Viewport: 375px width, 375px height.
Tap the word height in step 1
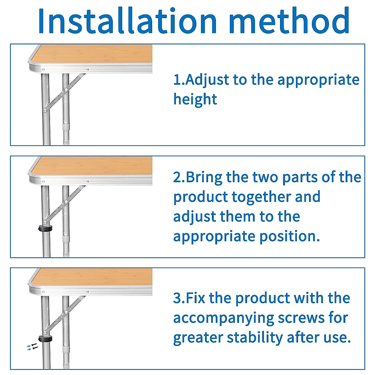pos(195,99)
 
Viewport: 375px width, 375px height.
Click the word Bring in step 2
pos(205,177)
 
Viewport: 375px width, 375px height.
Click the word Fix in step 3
pos(196,298)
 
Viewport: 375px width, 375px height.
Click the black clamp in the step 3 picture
pos(45,339)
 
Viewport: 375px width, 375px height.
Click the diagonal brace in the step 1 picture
pos(64,92)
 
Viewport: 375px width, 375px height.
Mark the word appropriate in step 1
pos(318,80)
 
